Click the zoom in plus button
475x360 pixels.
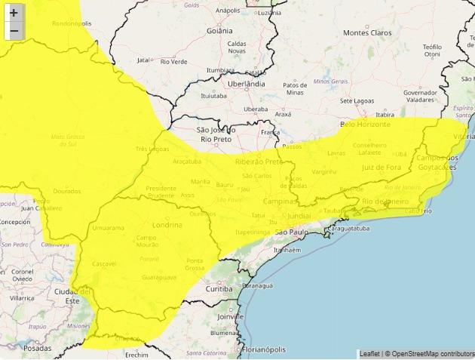14,13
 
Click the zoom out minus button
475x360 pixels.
14,31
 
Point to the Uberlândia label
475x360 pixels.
247,84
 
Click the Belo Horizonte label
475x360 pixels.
366,124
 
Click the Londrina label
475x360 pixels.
167,225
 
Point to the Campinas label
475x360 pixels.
278,203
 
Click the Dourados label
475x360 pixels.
67,191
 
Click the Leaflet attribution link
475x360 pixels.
369,353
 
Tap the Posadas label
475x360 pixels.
38,348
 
